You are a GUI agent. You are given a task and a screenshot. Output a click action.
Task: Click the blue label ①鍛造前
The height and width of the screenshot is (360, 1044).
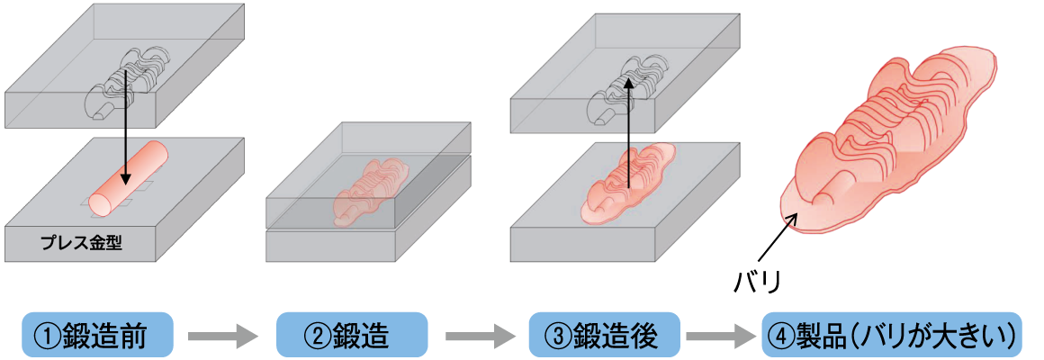(x=96, y=337)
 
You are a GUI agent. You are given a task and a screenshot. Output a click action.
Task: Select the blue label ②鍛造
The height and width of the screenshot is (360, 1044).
(x=350, y=337)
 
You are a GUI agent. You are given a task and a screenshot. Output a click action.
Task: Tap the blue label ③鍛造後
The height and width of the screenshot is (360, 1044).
(x=603, y=337)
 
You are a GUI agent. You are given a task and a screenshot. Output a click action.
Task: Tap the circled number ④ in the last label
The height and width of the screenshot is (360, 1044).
(x=779, y=337)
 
